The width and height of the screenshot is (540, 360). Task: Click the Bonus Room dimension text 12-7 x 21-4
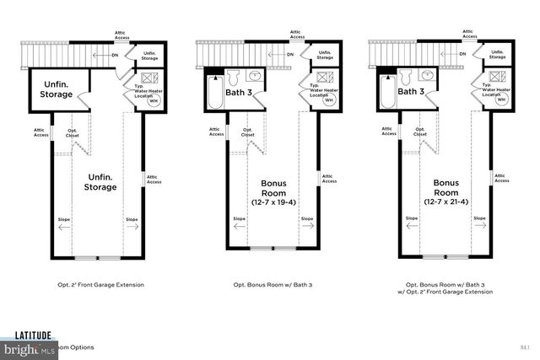click(446, 201)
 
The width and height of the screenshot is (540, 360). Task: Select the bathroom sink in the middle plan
click(256, 75)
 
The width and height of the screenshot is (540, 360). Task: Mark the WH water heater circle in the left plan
click(154, 99)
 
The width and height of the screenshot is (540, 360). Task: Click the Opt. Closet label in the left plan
click(73, 132)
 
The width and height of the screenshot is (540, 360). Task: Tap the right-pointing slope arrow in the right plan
click(480, 225)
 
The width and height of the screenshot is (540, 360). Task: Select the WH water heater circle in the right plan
click(501, 99)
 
